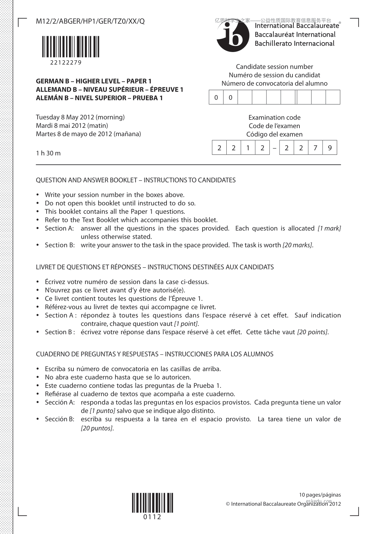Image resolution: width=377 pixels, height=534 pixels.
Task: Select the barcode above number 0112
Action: pyautogui.click(x=153, y=503)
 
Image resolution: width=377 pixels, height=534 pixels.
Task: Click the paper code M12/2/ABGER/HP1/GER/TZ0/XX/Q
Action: pyautogui.click(x=90, y=21)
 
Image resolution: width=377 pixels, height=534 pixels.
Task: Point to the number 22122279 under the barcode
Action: pyautogui.click(x=66, y=62)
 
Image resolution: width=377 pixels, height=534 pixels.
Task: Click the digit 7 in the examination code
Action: pyautogui.click(x=315, y=148)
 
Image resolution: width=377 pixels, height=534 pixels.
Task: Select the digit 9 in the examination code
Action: pyautogui.click(x=330, y=148)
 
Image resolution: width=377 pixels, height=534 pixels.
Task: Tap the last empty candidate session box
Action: pyautogui.click(x=333, y=97)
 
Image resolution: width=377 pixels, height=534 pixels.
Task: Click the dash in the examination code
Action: pyautogui.click(x=274, y=148)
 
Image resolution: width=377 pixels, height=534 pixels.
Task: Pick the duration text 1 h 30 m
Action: pyautogui.click(x=48, y=153)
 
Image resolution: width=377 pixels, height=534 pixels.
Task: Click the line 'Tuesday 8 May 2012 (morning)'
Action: pyautogui.click(x=80, y=117)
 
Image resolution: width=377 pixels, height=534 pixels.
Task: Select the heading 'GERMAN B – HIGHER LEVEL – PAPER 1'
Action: pyautogui.click(x=94, y=81)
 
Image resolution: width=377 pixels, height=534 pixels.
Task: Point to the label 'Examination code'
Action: pyautogui.click(x=274, y=117)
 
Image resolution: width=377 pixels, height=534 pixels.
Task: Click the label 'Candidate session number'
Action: pyautogui.click(x=274, y=67)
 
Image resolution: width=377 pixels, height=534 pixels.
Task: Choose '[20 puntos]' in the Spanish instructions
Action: pyautogui.click(x=97, y=428)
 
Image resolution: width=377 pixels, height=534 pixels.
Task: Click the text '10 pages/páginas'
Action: pyautogui.click(x=320, y=495)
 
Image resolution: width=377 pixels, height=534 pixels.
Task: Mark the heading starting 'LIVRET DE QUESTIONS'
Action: pyautogui.click(x=155, y=267)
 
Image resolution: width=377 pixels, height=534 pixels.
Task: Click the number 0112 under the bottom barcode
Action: pyautogui.click(x=152, y=517)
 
